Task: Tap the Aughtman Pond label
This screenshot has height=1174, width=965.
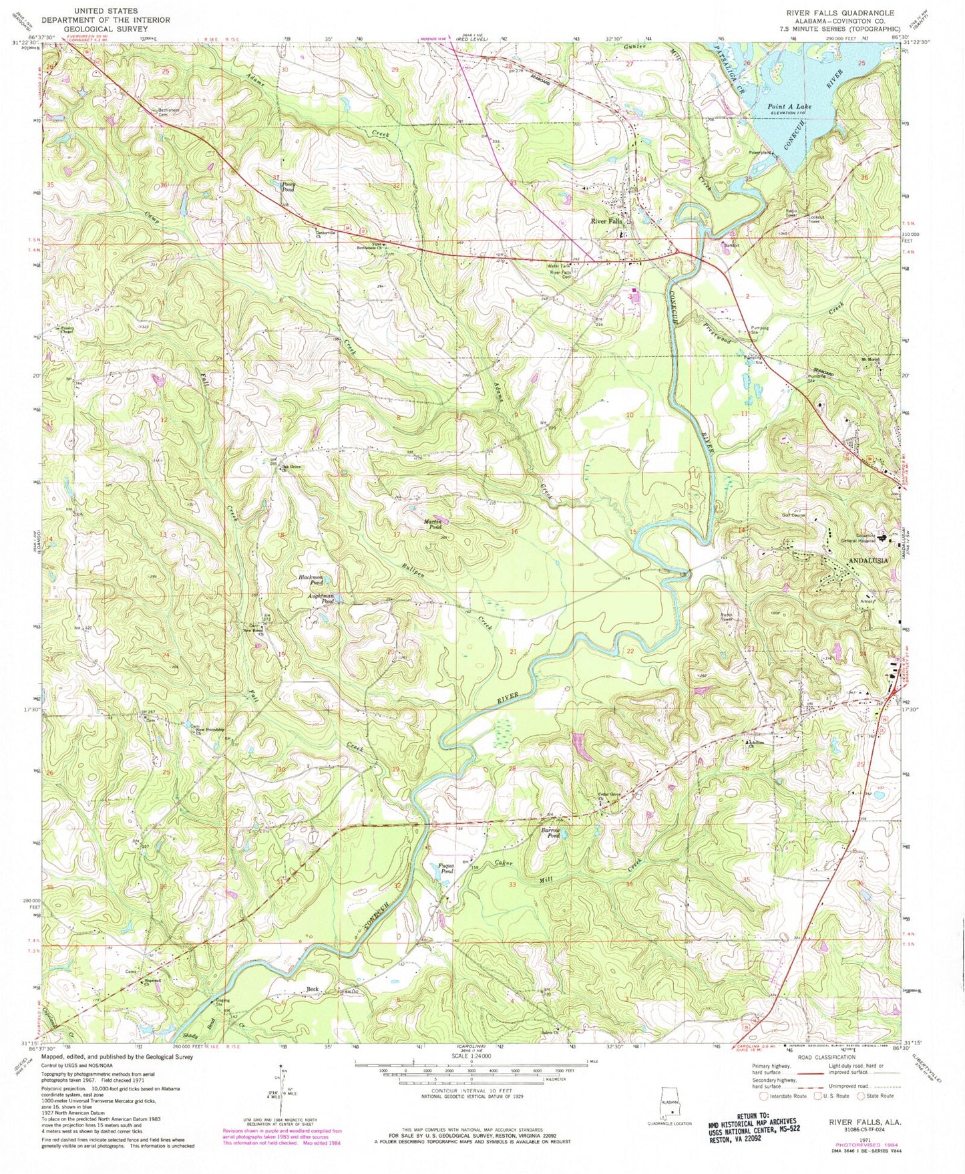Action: [x=319, y=598]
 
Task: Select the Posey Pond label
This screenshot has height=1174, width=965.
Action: [x=288, y=186]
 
